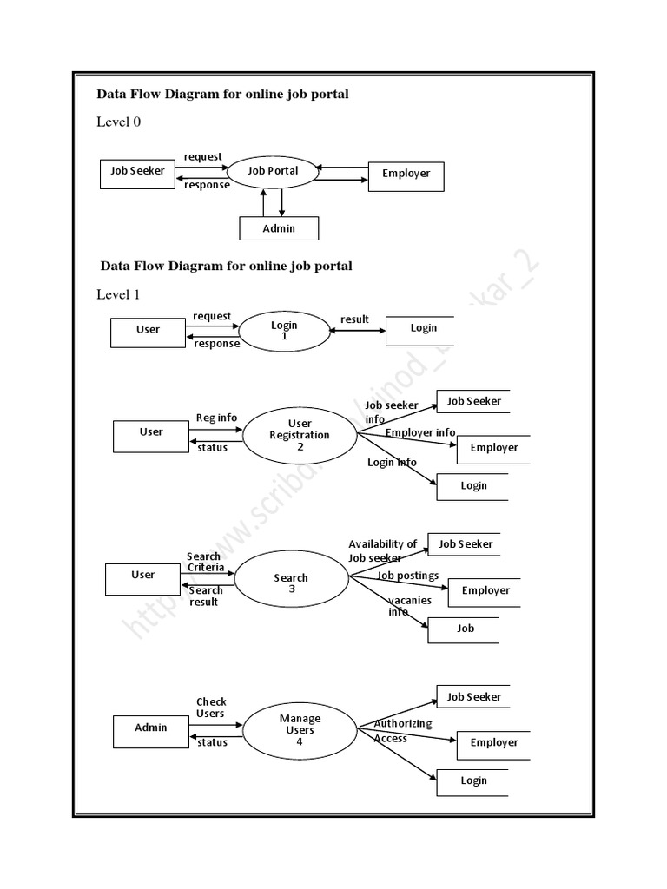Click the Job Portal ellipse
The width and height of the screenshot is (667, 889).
click(x=273, y=171)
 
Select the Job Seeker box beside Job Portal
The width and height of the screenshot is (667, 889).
click(x=137, y=173)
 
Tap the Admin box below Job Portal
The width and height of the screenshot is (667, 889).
click(x=279, y=228)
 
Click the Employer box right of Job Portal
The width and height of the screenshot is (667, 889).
click(x=406, y=175)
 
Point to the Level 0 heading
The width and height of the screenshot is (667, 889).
click(x=118, y=122)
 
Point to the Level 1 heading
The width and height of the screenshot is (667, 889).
click(x=118, y=294)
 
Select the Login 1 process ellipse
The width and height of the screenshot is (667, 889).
click(x=284, y=331)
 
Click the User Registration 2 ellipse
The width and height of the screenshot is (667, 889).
click(x=300, y=435)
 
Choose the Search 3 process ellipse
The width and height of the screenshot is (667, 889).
click(x=291, y=583)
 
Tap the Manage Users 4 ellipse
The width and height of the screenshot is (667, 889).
click(x=300, y=730)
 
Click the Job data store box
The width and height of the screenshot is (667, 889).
click(x=464, y=629)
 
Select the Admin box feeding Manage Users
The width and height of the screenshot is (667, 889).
click(x=150, y=728)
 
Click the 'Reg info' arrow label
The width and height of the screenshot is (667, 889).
click(x=216, y=418)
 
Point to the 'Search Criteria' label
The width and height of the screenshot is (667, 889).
click(x=205, y=562)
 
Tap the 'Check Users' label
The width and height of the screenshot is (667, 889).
click(x=211, y=708)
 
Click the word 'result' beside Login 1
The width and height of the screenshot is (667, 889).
click(x=354, y=319)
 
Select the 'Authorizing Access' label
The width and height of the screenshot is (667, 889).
click(x=401, y=731)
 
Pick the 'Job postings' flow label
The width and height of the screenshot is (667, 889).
click(x=408, y=576)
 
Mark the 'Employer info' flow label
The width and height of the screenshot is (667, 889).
click(x=420, y=432)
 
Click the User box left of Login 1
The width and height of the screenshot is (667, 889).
click(x=148, y=331)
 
